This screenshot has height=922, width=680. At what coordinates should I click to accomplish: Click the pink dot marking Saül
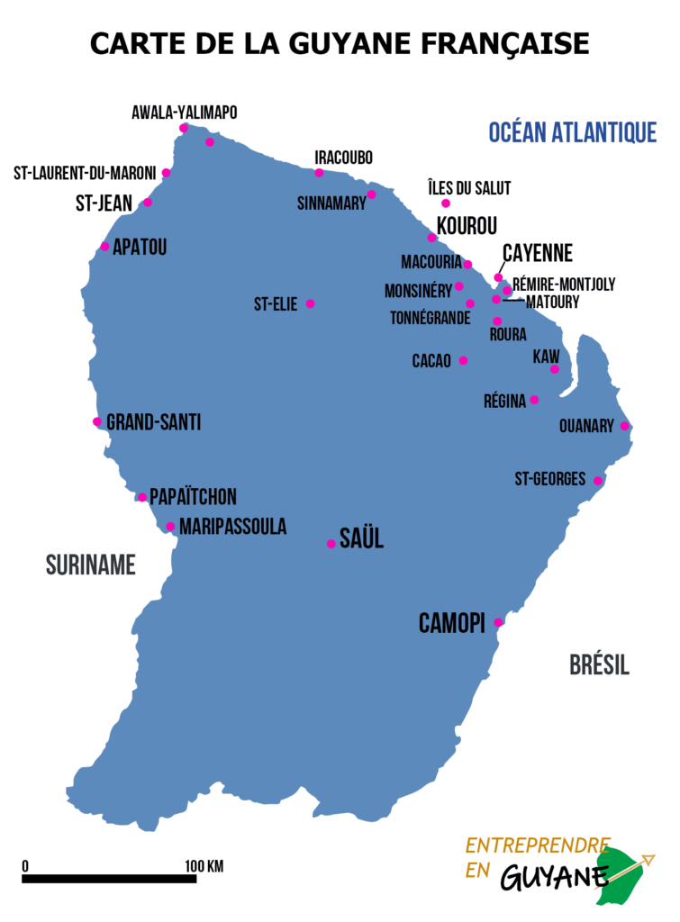331,544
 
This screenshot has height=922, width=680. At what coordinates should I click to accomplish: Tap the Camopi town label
452,623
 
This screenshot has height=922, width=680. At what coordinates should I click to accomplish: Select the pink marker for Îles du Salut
445,203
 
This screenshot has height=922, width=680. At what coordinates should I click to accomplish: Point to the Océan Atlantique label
572,133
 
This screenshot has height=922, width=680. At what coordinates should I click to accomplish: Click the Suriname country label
91,565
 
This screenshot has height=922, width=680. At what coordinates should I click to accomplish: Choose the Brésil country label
599,665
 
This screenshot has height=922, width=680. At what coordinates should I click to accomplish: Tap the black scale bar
109,878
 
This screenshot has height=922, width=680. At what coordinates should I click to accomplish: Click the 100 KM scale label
204,866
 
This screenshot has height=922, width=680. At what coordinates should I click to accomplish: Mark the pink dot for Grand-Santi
97,421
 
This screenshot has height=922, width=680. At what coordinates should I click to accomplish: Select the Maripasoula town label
232,527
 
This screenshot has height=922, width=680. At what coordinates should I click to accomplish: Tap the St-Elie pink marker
311,303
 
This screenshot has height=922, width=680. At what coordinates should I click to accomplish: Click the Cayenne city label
537,253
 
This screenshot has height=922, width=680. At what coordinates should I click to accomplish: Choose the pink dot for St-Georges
597,481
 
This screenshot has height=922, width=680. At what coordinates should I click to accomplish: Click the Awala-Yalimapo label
185,113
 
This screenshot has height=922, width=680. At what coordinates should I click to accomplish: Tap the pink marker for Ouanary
625,426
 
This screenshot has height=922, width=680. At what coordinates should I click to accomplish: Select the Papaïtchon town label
193,497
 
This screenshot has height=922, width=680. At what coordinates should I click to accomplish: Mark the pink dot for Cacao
463,360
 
